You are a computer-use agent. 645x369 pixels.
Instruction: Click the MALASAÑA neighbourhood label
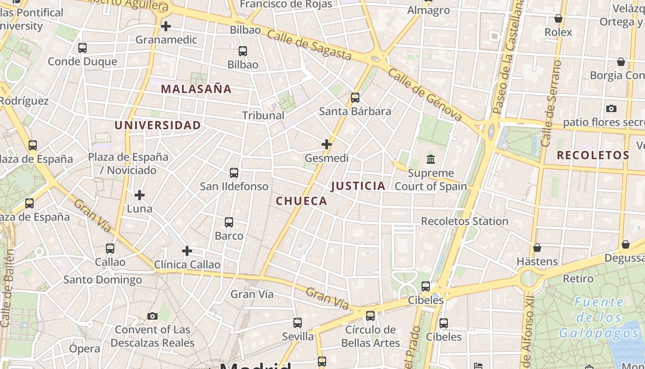pyautogui.click(x=196, y=89)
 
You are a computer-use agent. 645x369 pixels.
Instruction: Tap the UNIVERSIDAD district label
pyautogui.click(x=158, y=125)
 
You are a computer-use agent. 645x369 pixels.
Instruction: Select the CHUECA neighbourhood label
pyautogui.click(x=301, y=201)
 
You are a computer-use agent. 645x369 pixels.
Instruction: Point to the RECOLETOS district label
pyautogui.click(x=593, y=155)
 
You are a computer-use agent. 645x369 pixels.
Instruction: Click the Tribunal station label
pyautogui.click(x=263, y=115)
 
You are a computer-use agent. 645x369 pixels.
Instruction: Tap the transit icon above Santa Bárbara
pyautogui.click(x=355, y=98)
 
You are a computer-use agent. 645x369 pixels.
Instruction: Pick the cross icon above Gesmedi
pyautogui.click(x=327, y=144)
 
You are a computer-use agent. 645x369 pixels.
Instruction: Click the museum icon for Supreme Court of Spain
pyautogui.click(x=431, y=160)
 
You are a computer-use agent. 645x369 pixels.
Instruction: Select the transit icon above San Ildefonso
pyautogui.click(x=234, y=173)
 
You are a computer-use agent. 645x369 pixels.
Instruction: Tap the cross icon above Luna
pyautogui.click(x=139, y=195)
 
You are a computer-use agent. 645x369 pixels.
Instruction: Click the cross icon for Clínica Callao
pyautogui.click(x=187, y=251)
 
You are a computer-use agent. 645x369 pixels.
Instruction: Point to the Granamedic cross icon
pyautogui.click(x=166, y=26)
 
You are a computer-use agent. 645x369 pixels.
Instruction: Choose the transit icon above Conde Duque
pyautogui.click(x=82, y=48)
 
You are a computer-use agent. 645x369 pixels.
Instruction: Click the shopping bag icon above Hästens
pyautogui.click(x=537, y=248)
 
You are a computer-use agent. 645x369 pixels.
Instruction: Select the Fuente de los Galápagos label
pyautogui.click(x=599, y=318)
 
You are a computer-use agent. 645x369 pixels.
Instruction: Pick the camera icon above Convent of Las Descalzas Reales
pyautogui.click(x=152, y=316)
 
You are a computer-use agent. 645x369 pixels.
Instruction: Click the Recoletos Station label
pyautogui.click(x=464, y=221)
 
